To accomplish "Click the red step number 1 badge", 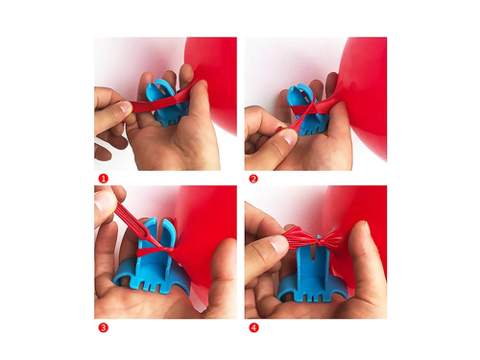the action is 103,179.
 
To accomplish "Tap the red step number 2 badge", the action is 253,179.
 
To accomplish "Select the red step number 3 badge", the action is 103,327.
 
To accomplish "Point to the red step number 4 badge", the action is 253,327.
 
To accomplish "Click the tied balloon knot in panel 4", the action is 319,240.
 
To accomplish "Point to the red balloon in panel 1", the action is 214,84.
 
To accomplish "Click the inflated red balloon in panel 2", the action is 365,96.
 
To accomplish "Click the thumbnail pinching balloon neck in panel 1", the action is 126,107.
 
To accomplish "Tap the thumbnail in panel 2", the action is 291,137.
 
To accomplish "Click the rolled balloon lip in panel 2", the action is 280,129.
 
